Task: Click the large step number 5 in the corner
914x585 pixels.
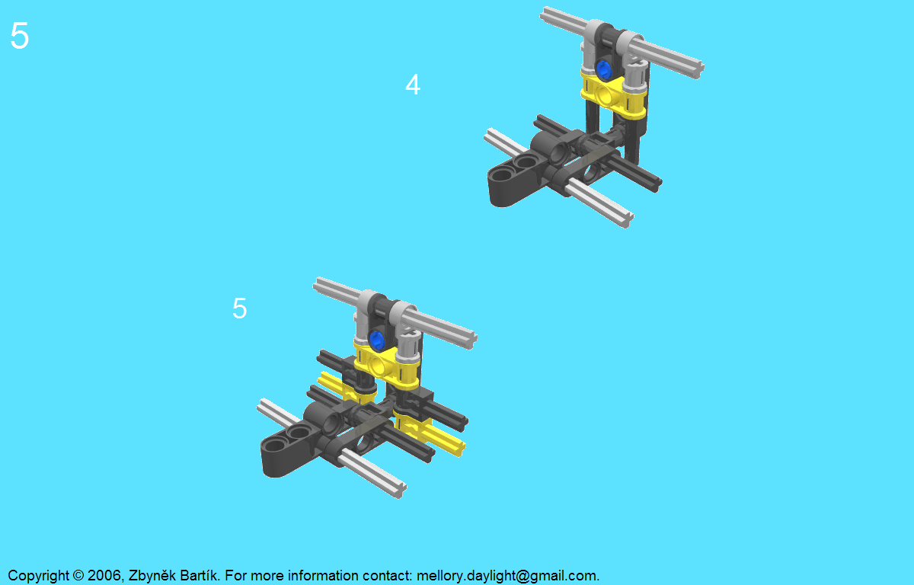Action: coord(19,36)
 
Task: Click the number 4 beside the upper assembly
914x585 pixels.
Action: coord(413,85)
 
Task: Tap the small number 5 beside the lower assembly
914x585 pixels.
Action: coord(239,308)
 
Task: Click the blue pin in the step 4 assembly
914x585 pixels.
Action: coord(602,69)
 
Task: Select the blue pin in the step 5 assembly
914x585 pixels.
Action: coord(376,340)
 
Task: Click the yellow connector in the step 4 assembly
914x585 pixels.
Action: coord(613,94)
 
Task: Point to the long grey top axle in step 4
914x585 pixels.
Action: coord(622,43)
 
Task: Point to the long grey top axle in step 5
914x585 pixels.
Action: coord(395,313)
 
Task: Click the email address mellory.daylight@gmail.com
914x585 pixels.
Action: coord(508,576)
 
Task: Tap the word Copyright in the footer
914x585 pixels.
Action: coord(38,576)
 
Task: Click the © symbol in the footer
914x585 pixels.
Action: coord(78,576)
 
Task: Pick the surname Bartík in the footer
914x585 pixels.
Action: coord(200,575)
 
